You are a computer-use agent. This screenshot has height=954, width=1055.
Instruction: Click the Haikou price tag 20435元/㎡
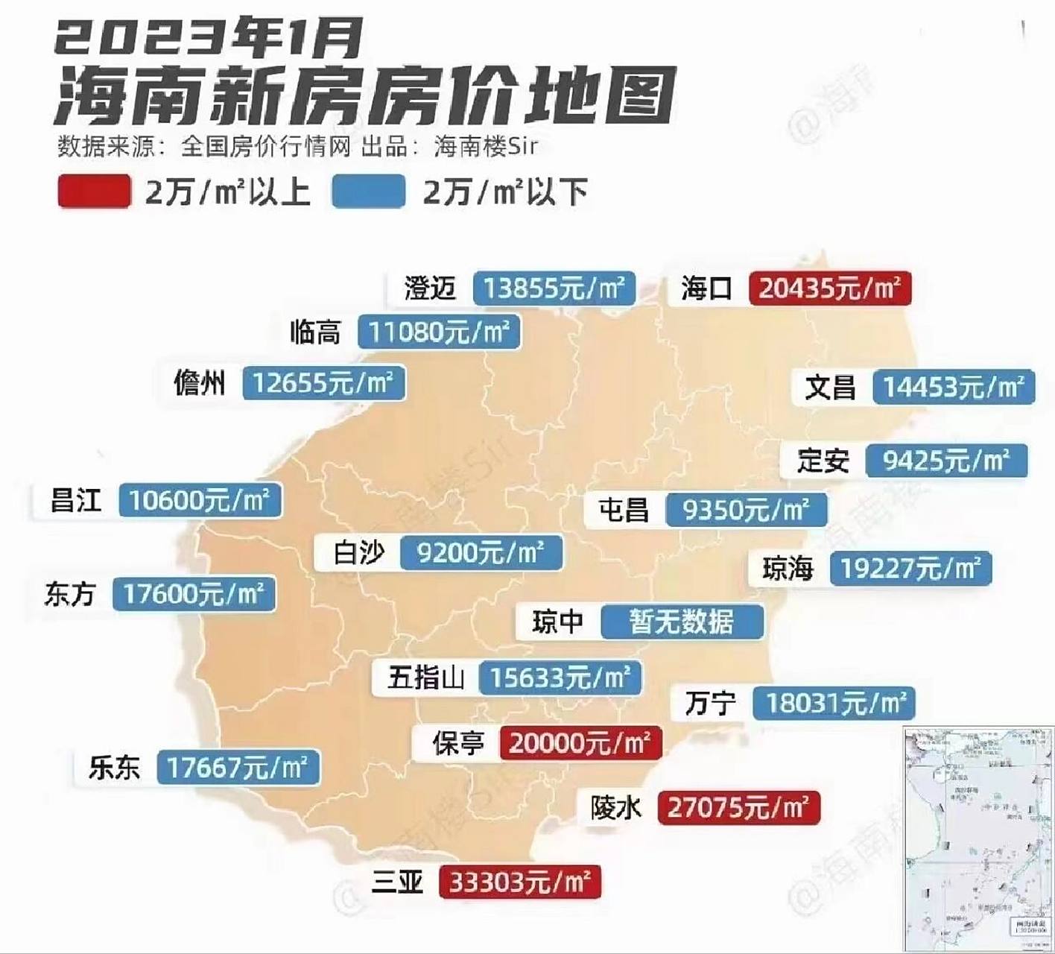(x=830, y=288)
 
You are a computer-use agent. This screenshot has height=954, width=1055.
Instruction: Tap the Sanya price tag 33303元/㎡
(x=519, y=882)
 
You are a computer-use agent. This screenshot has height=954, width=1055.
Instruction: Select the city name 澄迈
(x=430, y=288)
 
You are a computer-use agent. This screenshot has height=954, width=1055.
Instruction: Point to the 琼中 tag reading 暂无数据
(x=682, y=622)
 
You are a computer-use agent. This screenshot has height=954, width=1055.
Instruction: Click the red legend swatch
(x=94, y=191)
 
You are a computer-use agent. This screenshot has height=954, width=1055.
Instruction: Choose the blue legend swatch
(x=369, y=191)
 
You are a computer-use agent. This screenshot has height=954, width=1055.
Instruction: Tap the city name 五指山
(x=426, y=678)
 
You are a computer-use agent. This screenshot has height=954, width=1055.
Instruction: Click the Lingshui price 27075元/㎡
(x=738, y=807)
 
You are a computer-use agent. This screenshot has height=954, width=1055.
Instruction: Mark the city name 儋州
(x=199, y=383)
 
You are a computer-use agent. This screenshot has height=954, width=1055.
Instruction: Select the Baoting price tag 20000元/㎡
(x=580, y=742)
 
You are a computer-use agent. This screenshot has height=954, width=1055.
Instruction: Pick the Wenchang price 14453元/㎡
(x=953, y=387)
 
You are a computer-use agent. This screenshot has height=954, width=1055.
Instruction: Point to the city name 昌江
(x=75, y=500)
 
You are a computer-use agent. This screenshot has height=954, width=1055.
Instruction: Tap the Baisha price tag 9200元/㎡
(x=481, y=552)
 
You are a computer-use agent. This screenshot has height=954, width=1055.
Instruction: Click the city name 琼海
(x=788, y=569)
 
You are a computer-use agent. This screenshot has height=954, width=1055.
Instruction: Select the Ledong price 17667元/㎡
(x=238, y=768)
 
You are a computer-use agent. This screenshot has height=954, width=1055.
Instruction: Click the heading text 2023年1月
(x=209, y=39)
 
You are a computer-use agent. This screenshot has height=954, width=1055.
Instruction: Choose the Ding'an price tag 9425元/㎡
(x=946, y=461)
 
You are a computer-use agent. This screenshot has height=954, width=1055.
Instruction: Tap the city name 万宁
(x=711, y=703)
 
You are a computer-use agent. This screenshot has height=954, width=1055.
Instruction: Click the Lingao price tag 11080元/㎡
(x=439, y=332)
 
